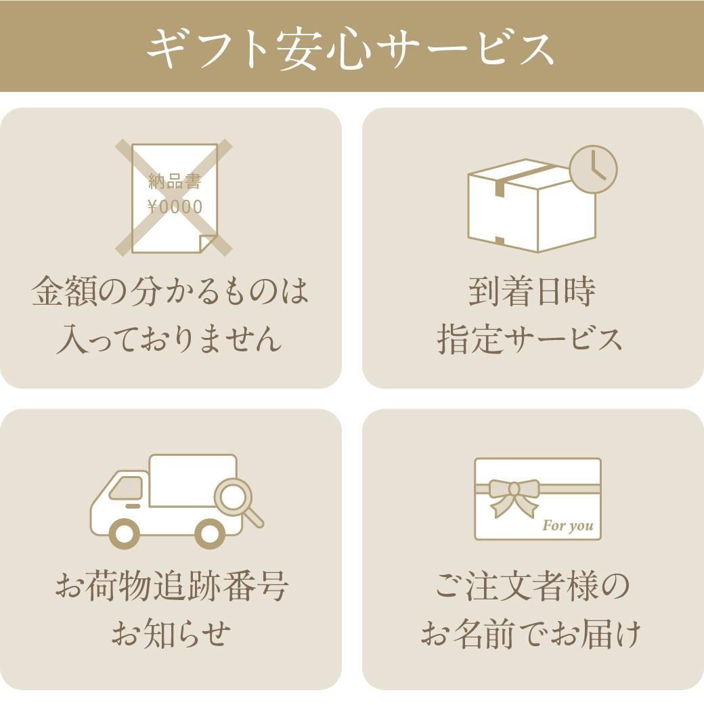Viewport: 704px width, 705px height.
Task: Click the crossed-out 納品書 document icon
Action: pyautogui.click(x=174, y=198)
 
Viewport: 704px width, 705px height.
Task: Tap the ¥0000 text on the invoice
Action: pyautogui.click(x=175, y=207)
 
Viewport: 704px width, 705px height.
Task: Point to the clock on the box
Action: pyautogui.click(x=593, y=169)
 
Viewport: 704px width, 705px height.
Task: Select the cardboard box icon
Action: pyautogui.click(x=532, y=205)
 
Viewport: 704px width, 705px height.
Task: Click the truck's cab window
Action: pyautogui.click(x=127, y=488)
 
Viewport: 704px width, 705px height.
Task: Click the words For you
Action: pyautogui.click(x=568, y=526)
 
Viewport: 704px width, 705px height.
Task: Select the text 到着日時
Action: pyautogui.click(x=532, y=291)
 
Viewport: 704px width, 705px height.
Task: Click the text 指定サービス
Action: pyautogui.click(x=530, y=339)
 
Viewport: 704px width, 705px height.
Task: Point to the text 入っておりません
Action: pyautogui.click(x=169, y=339)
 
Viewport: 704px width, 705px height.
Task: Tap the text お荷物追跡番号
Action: pyautogui.click(x=172, y=586)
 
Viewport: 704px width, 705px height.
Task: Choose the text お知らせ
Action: pyautogui.click(x=171, y=633)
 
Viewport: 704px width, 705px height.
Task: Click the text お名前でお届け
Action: pyautogui.click(x=531, y=633)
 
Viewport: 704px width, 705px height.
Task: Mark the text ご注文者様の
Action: pyautogui.click(x=532, y=586)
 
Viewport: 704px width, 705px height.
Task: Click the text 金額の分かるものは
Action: pyautogui.click(x=171, y=291)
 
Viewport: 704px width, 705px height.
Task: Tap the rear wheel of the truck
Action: pyautogui.click(x=209, y=534)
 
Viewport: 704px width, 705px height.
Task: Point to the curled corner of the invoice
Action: pyautogui.click(x=208, y=243)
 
